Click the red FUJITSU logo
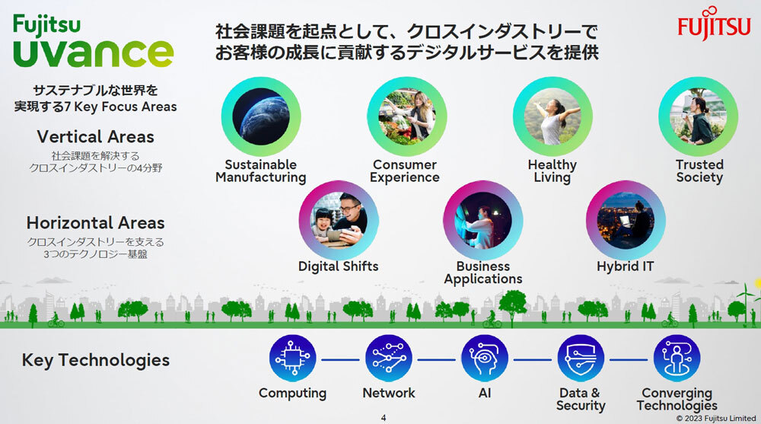[714, 24]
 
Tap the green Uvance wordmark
[93, 53]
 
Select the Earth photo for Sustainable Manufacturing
[261, 116]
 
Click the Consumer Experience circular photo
[406, 116]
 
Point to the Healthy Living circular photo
[552, 116]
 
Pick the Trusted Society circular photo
[699, 116]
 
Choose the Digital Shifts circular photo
[339, 220]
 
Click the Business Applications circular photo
[483, 220]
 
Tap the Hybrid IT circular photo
[626, 220]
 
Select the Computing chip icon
[293, 359]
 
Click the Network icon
[389, 359]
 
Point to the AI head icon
[484, 359]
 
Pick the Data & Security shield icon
[581, 359]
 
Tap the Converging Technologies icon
[677, 359]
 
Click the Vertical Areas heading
[96, 137]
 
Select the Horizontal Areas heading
[96, 223]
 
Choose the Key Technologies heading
[96, 360]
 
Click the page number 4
[384, 418]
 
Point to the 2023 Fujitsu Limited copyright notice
[716, 418]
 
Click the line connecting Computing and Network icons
[340, 360]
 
